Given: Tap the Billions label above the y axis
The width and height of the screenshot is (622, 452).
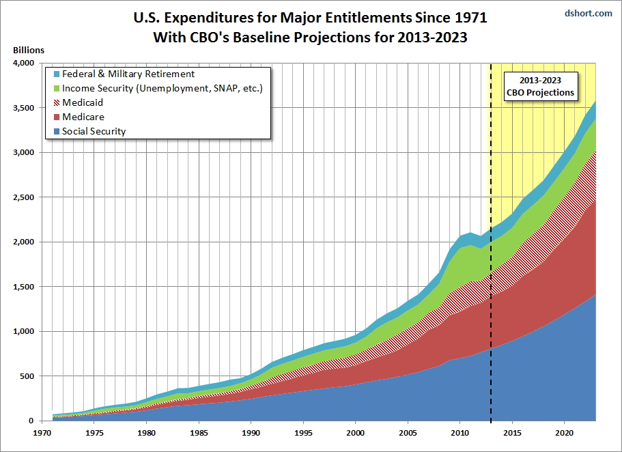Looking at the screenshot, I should tap(28, 50).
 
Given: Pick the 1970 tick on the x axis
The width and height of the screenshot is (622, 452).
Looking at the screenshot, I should tap(42, 433).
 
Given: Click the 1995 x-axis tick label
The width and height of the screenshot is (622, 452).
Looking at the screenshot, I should tap(302, 433).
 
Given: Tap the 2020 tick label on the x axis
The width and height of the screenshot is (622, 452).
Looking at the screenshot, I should tap(564, 433).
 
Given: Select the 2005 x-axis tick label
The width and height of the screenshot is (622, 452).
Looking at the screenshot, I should tap(407, 433).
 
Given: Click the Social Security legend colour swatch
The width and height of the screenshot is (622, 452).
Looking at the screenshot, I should tap(55, 131).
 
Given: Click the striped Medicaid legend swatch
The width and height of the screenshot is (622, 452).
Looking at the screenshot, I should tap(55, 102).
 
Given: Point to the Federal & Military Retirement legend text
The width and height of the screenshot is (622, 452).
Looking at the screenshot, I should tap(128, 74).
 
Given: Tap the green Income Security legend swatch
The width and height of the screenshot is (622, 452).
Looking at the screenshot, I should tap(55, 88).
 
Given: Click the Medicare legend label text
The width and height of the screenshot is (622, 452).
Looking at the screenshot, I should tap(83, 117).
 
